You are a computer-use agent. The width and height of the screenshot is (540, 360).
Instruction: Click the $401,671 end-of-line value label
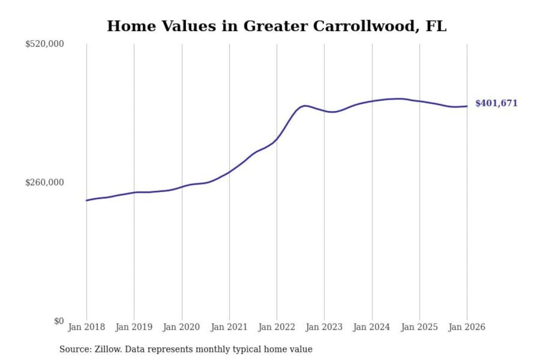point(496,103)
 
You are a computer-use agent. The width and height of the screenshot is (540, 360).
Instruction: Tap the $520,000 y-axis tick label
point(45,44)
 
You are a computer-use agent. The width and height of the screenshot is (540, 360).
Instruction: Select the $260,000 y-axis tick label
point(45,182)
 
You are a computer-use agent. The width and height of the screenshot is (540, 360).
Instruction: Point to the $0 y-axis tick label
point(59,321)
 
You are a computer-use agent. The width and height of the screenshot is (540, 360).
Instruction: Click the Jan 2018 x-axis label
point(86,327)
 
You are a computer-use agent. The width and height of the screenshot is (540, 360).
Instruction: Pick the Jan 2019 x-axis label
point(134,327)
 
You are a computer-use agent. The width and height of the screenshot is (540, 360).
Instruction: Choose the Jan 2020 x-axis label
point(181,327)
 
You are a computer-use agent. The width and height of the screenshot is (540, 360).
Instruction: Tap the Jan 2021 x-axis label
point(229,327)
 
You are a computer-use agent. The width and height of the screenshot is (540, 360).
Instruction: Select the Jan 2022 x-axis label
point(277,327)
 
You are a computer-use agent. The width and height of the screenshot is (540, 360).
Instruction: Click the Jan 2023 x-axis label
point(324,327)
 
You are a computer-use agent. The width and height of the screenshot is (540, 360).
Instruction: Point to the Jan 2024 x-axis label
point(372,327)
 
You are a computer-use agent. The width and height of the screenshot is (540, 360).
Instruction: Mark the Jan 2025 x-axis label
point(419,327)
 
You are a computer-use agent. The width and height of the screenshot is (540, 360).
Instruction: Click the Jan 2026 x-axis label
point(467,327)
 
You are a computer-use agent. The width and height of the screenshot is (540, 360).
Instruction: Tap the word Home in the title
point(131,26)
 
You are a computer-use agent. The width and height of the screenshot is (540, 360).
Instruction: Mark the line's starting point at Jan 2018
point(87,200)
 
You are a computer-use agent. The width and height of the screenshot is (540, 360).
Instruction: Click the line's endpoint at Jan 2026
point(467,106)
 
